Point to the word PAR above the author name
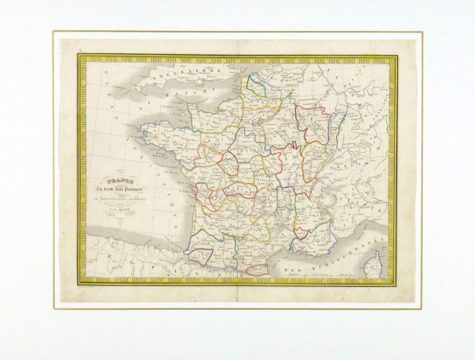coord(121,204)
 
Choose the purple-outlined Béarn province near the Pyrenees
coord(199,256)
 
